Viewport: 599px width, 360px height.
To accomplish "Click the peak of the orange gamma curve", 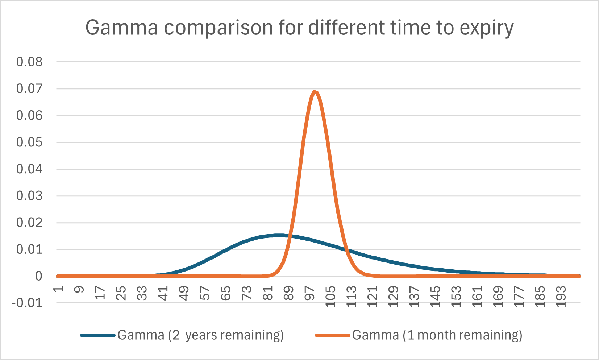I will [x=315, y=92].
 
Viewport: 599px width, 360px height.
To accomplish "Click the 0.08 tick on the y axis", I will [x=29, y=62].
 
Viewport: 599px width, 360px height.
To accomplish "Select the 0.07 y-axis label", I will [x=29, y=88].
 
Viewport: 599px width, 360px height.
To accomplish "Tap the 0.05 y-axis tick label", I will [x=29, y=142].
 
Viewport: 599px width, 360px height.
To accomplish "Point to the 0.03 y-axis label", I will [x=29, y=196].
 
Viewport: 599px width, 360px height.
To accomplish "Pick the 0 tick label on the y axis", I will [x=38, y=276].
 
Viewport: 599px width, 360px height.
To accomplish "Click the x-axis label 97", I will [x=310, y=293].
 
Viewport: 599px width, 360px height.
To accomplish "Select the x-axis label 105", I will [x=331, y=295].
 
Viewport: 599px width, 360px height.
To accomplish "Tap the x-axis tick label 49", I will [x=184, y=293].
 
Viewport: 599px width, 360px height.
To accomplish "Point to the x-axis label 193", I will [x=561, y=295].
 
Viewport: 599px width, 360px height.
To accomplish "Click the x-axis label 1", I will [x=59, y=289].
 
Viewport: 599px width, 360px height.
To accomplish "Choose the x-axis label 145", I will [x=436, y=295].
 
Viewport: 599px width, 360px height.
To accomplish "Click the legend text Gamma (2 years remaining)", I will [x=200, y=335].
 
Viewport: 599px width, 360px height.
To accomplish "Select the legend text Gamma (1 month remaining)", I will [x=437, y=335].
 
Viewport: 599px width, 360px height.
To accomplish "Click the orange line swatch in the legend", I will [x=332, y=335].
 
